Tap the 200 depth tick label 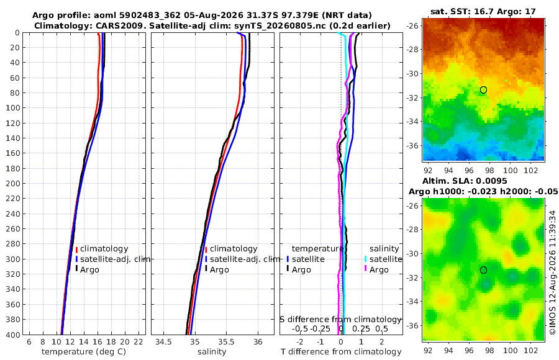tap(12, 183)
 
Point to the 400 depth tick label tap(12, 335)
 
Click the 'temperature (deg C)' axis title tap(84, 352)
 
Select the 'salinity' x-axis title tap(212, 352)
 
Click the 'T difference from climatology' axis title tap(341, 352)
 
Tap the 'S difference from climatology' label tap(340, 320)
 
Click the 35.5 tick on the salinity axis tap(226, 342)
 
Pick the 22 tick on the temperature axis tap(139, 342)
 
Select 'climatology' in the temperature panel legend tap(104, 249)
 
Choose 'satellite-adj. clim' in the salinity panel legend tap(245, 259)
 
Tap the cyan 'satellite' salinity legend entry tap(386, 259)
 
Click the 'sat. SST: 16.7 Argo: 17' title tap(483, 12)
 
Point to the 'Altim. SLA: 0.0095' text tap(465, 181)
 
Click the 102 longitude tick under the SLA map tap(530, 351)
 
